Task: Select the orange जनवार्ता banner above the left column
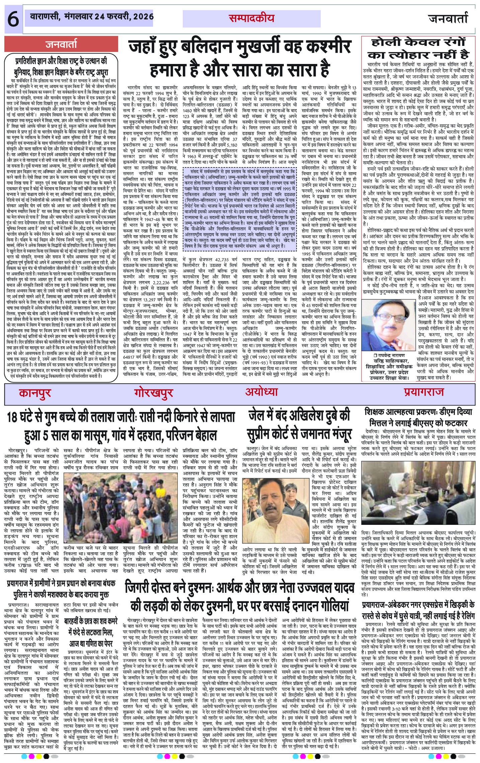click(x=61, y=44)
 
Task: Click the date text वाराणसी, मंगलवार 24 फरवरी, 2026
click(x=91, y=17)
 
